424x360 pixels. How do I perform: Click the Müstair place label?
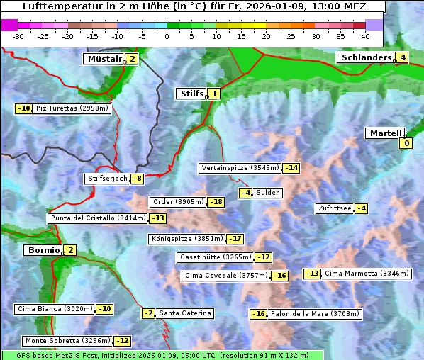coord(104,59)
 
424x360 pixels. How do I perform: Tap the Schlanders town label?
coord(364,57)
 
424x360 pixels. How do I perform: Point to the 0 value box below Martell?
coord(406,144)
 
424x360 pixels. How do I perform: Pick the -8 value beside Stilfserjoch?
coord(138,179)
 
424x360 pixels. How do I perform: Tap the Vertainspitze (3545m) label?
coord(240,168)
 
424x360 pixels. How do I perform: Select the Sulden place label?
coord(268,193)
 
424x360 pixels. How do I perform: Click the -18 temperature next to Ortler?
coord(216,202)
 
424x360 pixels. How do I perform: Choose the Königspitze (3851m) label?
coord(186,239)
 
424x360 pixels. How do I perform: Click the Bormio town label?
coord(43,250)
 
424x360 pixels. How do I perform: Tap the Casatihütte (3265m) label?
coord(215,257)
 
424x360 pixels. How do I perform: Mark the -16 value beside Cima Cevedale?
coord(280,276)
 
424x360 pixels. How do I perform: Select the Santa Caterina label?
coord(184,313)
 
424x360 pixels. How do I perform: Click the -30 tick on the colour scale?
coord(18,35)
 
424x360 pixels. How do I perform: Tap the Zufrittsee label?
coord(334,208)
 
